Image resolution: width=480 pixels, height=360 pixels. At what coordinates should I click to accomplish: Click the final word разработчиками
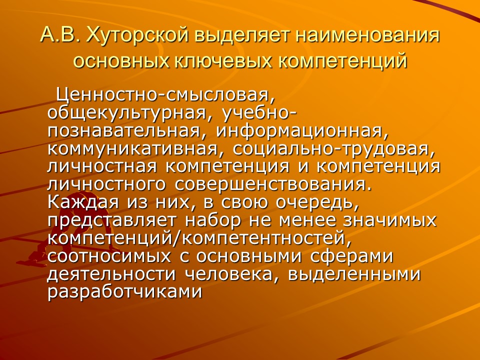point(124,291)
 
